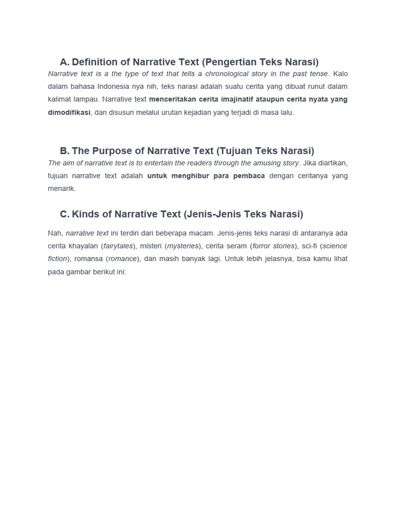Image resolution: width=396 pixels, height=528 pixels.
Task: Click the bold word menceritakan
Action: [x=174, y=100]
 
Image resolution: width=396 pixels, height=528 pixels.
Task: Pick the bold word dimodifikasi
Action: [x=69, y=112]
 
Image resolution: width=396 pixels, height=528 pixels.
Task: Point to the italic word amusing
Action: [x=263, y=163]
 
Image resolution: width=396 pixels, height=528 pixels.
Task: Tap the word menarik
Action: [x=62, y=189]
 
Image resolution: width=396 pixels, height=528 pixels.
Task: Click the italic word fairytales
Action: [x=118, y=246]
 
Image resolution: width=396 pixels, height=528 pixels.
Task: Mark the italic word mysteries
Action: [x=183, y=246]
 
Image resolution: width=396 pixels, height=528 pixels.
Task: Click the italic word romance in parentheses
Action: [x=123, y=259]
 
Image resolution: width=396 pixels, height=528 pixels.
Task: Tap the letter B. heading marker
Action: [x=64, y=151]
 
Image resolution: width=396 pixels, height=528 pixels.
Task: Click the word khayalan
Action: [x=82, y=246]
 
